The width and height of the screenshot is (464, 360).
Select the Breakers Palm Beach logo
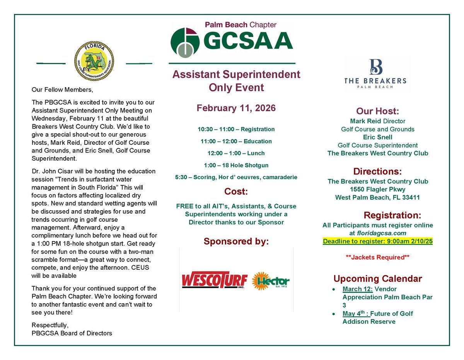[x=375, y=74]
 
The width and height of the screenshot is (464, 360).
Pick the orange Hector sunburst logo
[x=271, y=281]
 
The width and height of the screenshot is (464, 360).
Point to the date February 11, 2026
[x=236, y=108]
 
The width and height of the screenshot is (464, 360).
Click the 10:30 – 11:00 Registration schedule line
[x=236, y=129]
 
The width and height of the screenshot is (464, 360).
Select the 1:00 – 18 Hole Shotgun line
[x=236, y=165]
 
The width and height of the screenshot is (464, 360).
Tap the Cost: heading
[x=236, y=192]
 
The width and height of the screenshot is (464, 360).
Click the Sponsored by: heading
[x=236, y=242]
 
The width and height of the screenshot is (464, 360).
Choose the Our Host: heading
[x=377, y=111]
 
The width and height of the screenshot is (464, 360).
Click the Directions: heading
[x=377, y=171]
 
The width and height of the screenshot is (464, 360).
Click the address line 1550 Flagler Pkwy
[x=377, y=189]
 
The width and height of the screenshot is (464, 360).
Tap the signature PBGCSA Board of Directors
[x=72, y=333]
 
